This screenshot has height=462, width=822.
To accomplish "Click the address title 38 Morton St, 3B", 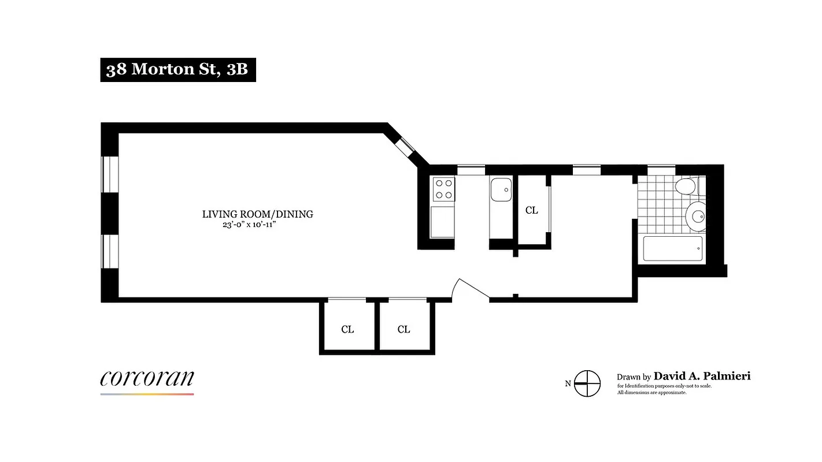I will point(177,69).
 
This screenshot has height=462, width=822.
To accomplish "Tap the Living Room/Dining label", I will point(257,214).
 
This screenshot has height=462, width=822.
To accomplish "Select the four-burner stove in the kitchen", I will point(443,189).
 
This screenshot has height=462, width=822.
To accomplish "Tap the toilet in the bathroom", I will point(687,186).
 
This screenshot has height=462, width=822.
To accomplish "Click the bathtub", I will point(673,248).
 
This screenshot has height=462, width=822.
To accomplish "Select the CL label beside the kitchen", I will point(531,211).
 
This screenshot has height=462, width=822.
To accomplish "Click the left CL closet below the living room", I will point(347,329).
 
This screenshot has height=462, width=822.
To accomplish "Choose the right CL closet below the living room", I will point(403,329).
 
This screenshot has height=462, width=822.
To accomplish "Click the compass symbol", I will point(587,383).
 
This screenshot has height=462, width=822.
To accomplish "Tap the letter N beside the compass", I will point(568,383).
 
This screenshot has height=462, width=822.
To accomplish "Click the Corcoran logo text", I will point(147,378).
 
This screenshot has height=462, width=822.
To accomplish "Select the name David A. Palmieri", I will point(702,377).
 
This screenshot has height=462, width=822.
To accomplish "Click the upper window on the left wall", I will point(109,174).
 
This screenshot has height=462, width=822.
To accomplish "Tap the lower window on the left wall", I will point(109,251).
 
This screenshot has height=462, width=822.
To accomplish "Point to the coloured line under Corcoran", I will point(147,394).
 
